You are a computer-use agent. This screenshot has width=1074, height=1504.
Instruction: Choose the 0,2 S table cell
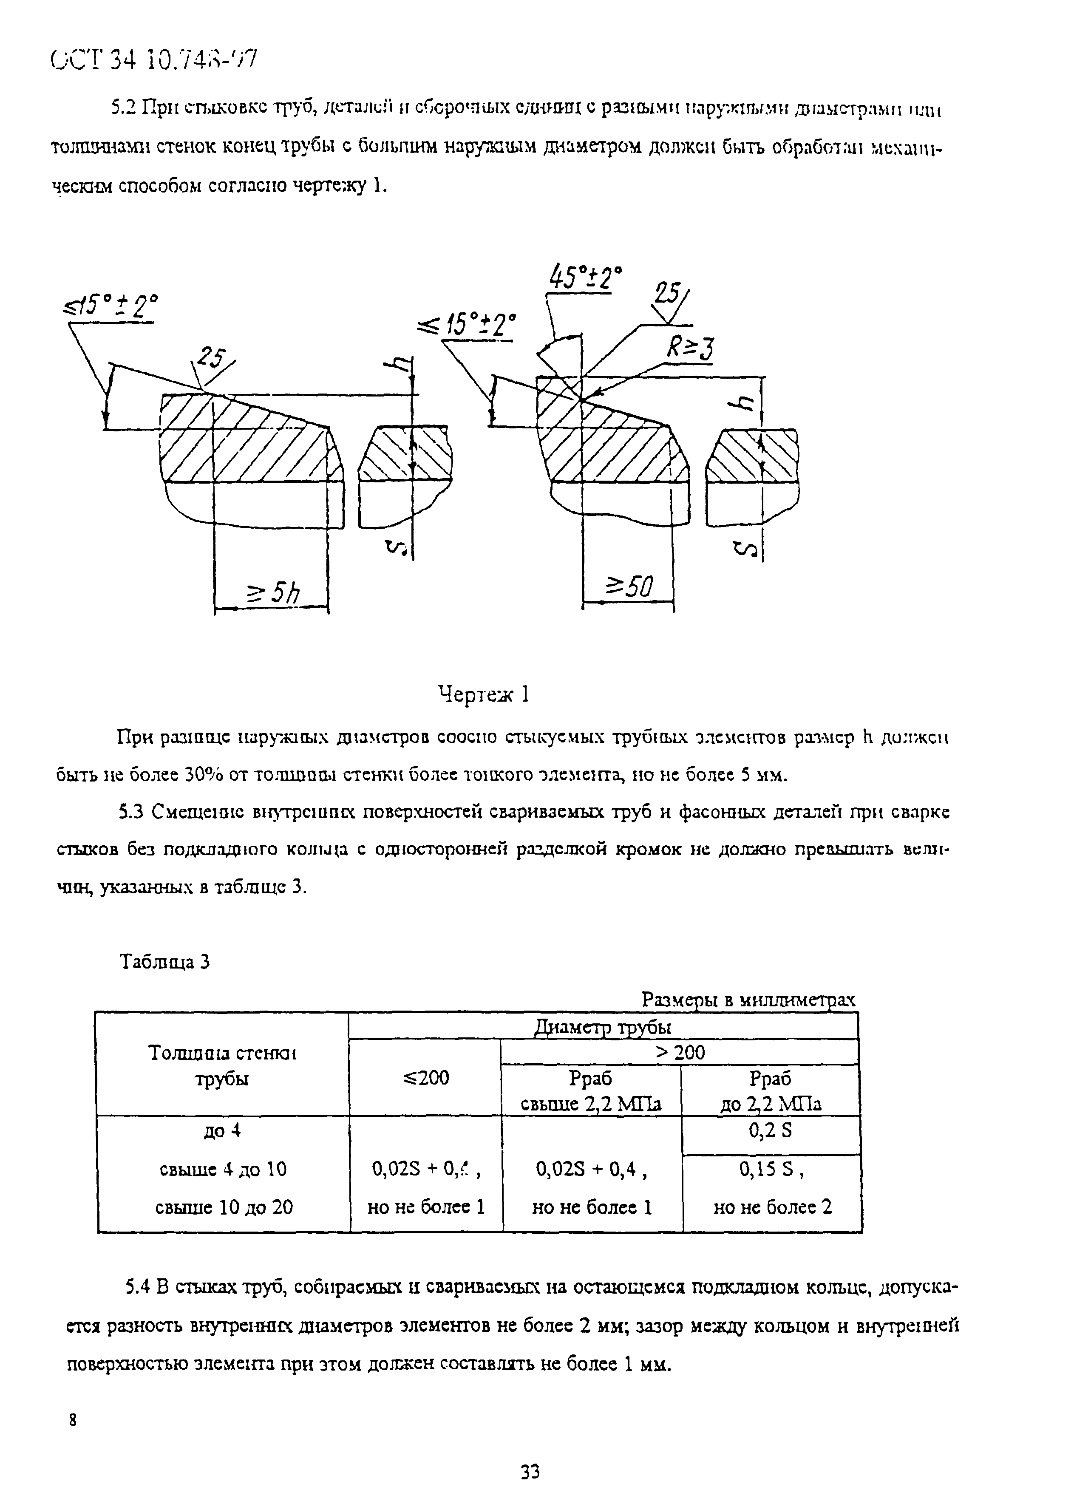(x=771, y=1131)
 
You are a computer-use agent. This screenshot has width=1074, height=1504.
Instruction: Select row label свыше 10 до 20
(x=224, y=1207)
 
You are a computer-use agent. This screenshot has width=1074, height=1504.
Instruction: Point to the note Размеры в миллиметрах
(x=748, y=1000)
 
